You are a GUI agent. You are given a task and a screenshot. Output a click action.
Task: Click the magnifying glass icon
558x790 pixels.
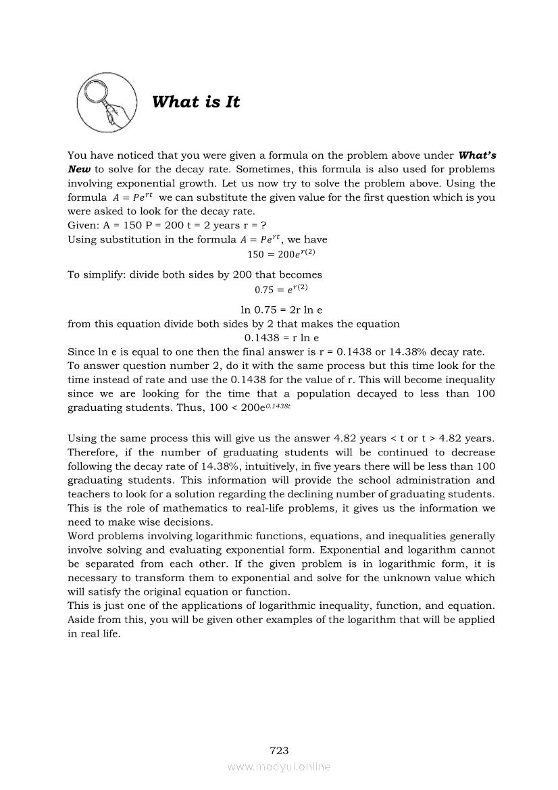coord(106,103)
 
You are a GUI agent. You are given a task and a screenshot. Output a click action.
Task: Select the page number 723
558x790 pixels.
coord(279,749)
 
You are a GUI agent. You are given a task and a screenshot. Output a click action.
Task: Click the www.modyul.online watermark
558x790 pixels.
coord(279,766)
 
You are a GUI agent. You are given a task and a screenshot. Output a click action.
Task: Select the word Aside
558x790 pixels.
coord(82,619)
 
